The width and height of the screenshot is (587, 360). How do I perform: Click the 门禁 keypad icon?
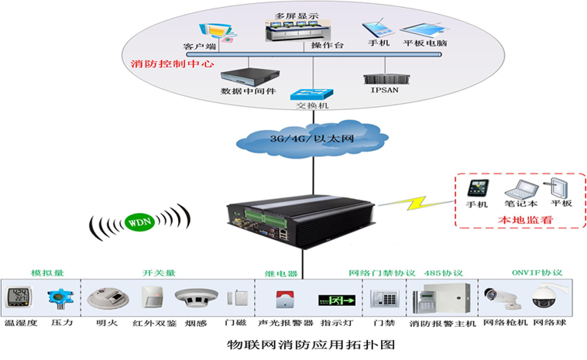coord(383,298)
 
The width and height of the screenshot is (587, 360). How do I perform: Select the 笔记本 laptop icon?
coord(519,188)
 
